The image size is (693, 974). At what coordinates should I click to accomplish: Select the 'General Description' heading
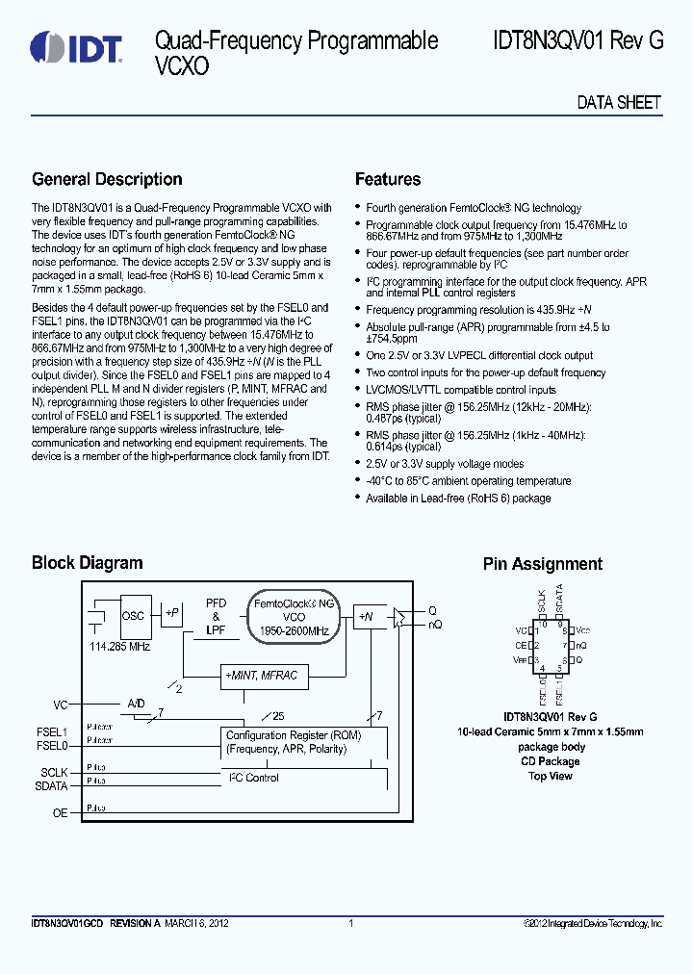pyautogui.click(x=107, y=179)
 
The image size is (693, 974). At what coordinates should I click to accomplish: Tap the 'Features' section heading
pyautogui.click(x=387, y=179)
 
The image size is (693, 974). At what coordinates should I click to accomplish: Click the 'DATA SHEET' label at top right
pyautogui.click(x=619, y=103)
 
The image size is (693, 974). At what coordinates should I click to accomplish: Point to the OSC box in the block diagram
pyautogui.click(x=133, y=615)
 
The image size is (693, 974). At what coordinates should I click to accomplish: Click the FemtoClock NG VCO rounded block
pyautogui.click(x=294, y=616)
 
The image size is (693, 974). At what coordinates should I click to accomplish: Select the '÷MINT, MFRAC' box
pyautogui.click(x=260, y=677)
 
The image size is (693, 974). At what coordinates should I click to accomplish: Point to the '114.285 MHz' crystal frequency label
pyautogui.click(x=120, y=647)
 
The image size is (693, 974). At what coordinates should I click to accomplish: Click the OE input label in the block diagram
pyautogui.click(x=60, y=813)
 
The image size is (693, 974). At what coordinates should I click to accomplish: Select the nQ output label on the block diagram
pyautogui.click(x=434, y=626)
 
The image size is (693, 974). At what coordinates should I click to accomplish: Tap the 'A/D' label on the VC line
pyautogui.click(x=136, y=704)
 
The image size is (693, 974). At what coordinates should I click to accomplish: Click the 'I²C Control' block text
pyautogui.click(x=253, y=777)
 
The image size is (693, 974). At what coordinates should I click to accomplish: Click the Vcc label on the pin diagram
pyautogui.click(x=583, y=630)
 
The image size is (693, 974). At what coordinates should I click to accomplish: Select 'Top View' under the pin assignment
pyautogui.click(x=550, y=776)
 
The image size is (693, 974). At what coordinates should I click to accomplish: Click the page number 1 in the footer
pyautogui.click(x=350, y=924)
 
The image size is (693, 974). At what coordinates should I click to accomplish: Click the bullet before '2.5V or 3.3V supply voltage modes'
pyautogui.click(x=358, y=464)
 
